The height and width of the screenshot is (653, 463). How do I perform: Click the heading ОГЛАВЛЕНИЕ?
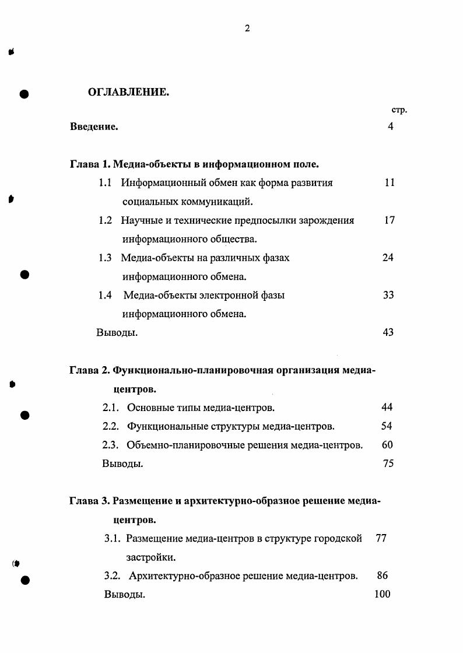coord(128,92)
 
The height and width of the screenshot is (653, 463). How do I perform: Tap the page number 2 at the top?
coord(247,29)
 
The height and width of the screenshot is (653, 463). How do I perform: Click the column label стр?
coord(399,110)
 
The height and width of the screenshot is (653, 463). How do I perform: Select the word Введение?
coord(94,127)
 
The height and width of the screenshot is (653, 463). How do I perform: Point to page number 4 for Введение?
coord(390,127)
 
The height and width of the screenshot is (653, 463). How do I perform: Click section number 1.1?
coord(105,182)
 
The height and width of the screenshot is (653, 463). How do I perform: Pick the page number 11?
coord(390,182)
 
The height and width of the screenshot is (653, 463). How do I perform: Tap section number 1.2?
coord(105,220)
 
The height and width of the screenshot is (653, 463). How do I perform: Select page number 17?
coord(390,220)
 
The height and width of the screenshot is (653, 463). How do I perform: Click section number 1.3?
coord(105,258)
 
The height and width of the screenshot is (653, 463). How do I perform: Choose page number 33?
coord(388,295)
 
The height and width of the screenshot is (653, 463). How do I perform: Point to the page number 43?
coord(388,332)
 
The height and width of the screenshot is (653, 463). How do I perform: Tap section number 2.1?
coord(111,408)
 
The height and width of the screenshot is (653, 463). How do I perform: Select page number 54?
coord(387,426)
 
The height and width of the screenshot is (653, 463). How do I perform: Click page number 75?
coord(388,464)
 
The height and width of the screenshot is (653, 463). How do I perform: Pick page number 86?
coord(383,575)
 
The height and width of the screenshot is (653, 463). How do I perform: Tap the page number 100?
coord(382,594)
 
